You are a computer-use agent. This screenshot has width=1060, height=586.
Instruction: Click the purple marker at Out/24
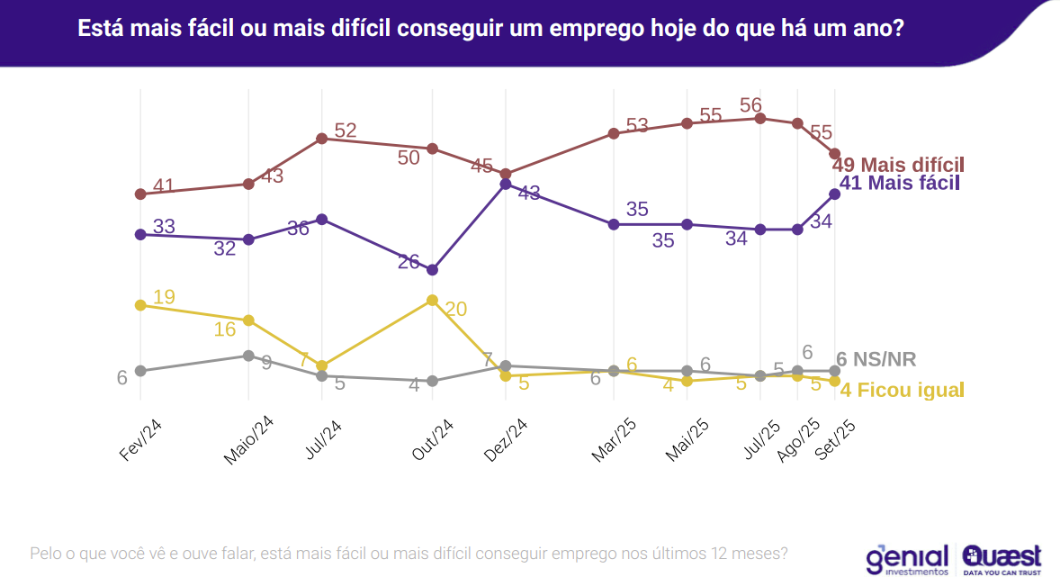pyautogui.click(x=433, y=269)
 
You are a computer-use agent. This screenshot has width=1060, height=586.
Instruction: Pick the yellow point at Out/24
pyautogui.click(x=433, y=300)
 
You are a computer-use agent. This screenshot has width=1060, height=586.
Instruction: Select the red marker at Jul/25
pyautogui.click(x=760, y=118)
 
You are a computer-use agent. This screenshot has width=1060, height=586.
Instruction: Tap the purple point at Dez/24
pyautogui.click(x=506, y=184)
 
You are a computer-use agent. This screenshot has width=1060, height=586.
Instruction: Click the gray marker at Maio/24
pyautogui.click(x=249, y=356)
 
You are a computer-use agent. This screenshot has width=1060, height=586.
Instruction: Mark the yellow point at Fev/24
pyautogui.click(x=140, y=305)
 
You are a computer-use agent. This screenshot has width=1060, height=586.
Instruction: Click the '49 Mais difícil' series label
pyautogui.click(x=898, y=166)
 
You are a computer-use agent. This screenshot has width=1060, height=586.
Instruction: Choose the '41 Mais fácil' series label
pyautogui.click(x=899, y=184)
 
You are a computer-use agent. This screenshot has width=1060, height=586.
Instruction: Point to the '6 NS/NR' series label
pyautogui.click(x=876, y=360)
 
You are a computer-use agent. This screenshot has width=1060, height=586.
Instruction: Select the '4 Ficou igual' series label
pyautogui.click(x=902, y=391)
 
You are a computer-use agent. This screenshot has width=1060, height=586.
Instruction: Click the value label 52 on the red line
pyautogui.click(x=346, y=131)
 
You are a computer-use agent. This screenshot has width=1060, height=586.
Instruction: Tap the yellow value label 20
pyautogui.click(x=456, y=309)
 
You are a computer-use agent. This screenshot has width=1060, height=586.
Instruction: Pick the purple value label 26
pyautogui.click(x=409, y=262)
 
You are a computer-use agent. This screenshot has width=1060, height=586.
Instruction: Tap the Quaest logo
pyautogui.click(x=1002, y=559)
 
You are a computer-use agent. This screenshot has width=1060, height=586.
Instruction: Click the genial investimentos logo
pyautogui.click(x=907, y=559)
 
